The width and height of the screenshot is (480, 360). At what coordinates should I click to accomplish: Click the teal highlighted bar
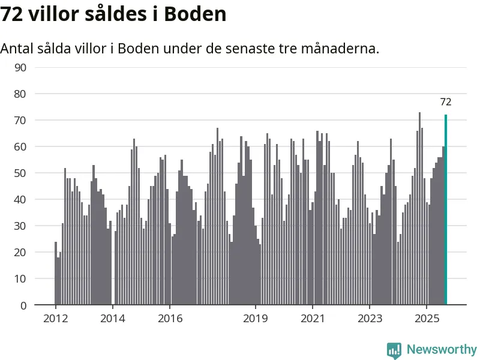446,210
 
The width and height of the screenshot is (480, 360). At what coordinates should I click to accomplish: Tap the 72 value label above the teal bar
446,102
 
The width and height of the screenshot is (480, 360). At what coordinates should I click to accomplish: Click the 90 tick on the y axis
20,67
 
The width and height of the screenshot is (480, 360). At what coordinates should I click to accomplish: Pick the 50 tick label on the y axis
20,173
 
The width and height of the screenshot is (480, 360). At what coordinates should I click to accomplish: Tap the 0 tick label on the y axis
23,305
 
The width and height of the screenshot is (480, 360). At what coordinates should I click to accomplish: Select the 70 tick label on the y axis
20,120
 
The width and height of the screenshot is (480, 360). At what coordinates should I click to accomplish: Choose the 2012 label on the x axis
55,318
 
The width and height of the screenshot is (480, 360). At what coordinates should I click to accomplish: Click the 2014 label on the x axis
112,318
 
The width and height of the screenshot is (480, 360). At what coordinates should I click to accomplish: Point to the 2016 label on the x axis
170,318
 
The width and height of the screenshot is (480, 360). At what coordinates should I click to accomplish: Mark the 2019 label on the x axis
256,318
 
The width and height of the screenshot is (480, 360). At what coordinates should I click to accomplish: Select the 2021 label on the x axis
313,318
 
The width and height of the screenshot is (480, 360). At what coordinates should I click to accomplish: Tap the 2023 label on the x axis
370,318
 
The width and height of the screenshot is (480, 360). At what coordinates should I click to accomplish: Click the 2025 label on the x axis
427,318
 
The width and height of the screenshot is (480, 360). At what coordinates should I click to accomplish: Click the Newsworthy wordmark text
442,349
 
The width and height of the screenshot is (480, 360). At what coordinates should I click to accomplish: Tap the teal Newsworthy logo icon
394,350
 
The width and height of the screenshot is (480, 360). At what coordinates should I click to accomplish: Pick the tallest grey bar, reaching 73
419,210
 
